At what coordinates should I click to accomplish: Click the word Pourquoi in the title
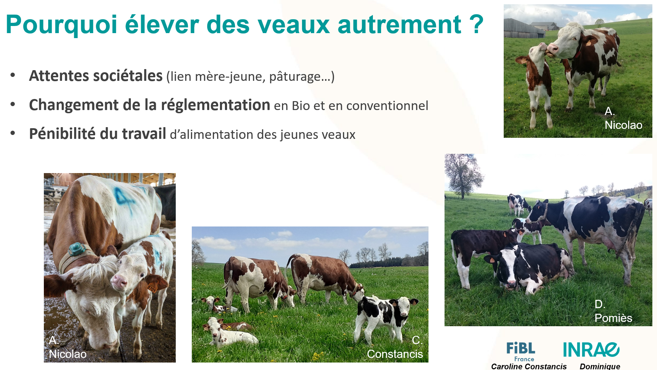[x=62, y=25]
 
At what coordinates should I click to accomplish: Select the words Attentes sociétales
[x=96, y=76]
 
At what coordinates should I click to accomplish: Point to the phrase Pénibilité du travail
[x=98, y=134]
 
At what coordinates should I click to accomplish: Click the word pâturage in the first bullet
[x=295, y=77]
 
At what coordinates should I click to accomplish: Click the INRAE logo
[x=591, y=350]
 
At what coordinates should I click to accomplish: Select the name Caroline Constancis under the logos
[x=529, y=366]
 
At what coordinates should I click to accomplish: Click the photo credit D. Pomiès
[x=613, y=311]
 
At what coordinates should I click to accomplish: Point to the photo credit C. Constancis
[x=395, y=347]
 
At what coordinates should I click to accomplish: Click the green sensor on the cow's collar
[x=76, y=249]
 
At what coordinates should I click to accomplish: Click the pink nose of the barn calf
[x=119, y=282]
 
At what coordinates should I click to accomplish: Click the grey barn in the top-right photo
[x=524, y=29]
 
